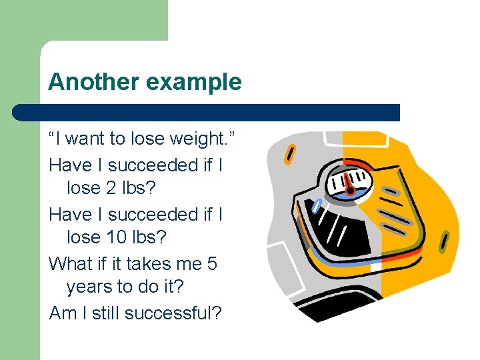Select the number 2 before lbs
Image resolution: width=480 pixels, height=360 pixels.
click(112, 188)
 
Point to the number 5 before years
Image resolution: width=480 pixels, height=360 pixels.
click(212, 263)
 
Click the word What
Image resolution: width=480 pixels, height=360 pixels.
click(71, 263)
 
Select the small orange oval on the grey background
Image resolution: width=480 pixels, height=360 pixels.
click(290, 153)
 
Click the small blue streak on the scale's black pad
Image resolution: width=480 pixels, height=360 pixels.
click(317, 205)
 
